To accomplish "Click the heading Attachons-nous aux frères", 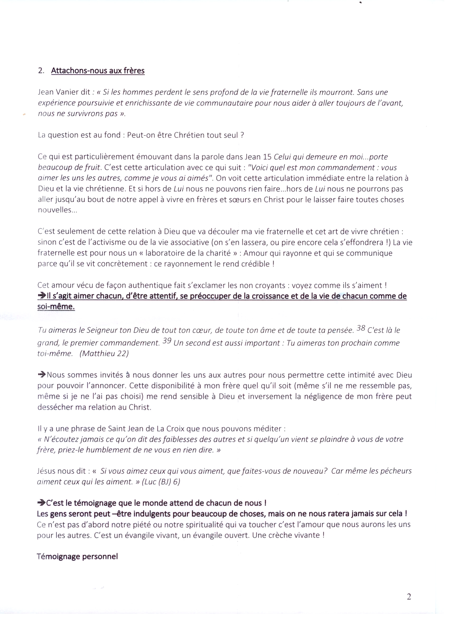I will point(98,71).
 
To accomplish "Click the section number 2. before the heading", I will point(41,71).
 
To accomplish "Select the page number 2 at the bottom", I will point(409,597).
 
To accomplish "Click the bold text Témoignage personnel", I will point(77,557).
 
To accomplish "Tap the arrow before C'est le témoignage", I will point(41,503).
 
